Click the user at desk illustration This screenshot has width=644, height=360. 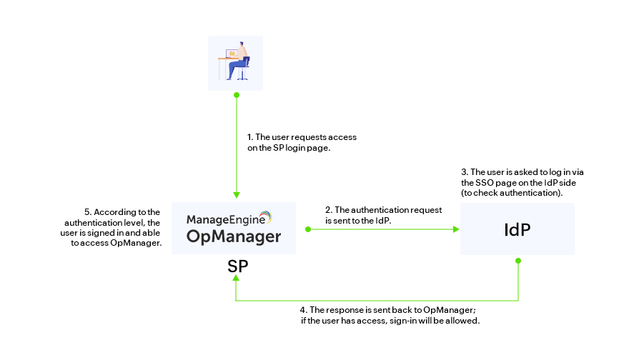(x=236, y=61)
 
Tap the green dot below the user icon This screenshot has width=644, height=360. (x=236, y=94)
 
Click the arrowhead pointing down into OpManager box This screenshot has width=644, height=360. (x=236, y=195)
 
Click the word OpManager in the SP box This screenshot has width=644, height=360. (x=234, y=236)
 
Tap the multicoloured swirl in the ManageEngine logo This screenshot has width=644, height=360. (x=265, y=217)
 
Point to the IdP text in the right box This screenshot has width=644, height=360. (x=517, y=230)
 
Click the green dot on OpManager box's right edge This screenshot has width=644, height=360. (x=308, y=229)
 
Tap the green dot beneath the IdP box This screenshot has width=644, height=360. (x=518, y=261)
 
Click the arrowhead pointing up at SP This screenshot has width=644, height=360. (x=236, y=281)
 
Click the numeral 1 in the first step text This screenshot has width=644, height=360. (x=249, y=136)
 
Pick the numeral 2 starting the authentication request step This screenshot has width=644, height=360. (x=327, y=210)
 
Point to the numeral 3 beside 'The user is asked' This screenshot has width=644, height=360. (x=464, y=172)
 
